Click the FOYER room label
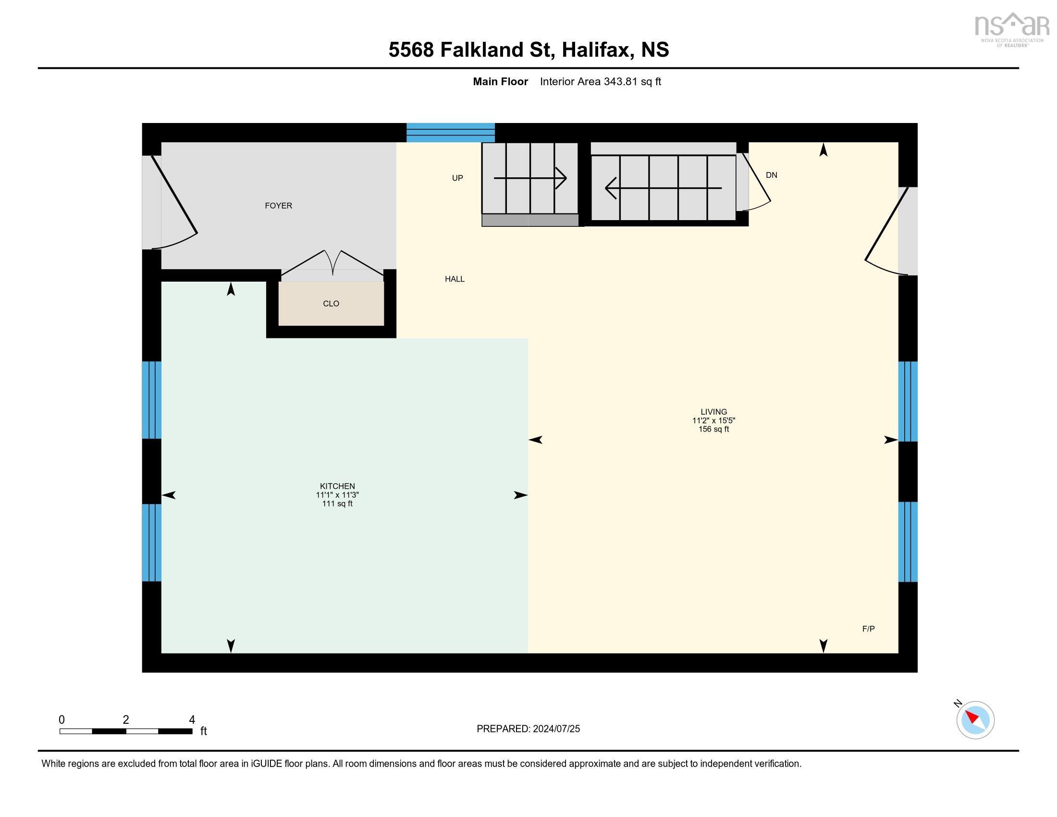click(278, 206)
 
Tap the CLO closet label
click(331, 303)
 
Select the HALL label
click(455, 279)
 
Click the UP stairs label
click(457, 178)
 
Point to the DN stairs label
click(772, 175)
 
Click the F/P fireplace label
click(868, 629)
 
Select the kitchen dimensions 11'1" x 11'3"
click(337, 495)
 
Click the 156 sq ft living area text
click(713, 429)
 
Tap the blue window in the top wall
click(450, 132)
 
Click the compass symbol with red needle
click(975, 720)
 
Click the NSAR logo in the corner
click(1011, 29)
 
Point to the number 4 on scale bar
click(192, 720)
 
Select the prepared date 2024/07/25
click(555, 729)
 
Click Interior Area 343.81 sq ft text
click(600, 82)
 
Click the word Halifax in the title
click(597, 50)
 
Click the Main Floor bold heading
click(500, 82)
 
